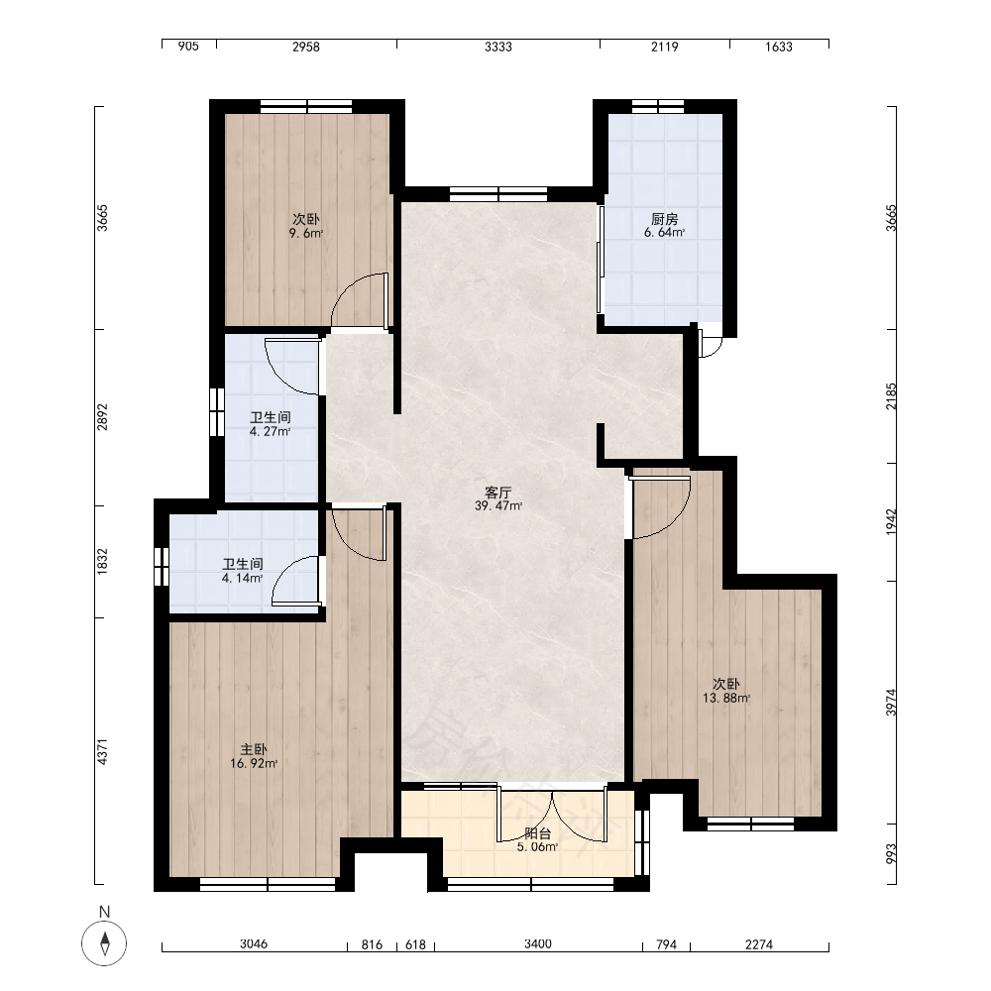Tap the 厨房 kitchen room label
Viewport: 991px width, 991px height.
664,219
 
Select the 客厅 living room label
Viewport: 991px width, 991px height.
498,492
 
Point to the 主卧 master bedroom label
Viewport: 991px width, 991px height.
254,749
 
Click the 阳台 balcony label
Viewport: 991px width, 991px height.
537,833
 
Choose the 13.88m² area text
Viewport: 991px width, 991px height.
726,699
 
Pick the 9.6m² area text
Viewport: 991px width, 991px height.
306,233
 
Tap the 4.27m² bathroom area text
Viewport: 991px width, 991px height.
270,432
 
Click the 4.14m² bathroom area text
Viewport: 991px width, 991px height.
242,578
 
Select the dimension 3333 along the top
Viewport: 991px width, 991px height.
498,47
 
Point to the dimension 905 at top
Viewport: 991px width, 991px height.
188,47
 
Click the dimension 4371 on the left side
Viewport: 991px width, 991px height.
102,752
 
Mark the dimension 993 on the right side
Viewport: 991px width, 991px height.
891,854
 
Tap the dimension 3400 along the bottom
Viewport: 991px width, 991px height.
538,944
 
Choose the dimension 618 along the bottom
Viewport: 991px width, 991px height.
415,944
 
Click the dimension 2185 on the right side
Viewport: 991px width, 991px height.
891,396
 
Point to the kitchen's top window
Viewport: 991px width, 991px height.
658,106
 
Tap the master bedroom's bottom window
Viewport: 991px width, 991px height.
268,884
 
